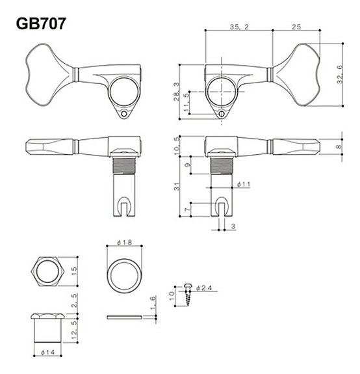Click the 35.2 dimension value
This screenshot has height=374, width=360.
point(240,26)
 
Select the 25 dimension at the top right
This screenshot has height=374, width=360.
point(296,26)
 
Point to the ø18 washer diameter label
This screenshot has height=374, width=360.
point(124,243)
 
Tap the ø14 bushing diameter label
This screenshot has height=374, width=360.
point(46,352)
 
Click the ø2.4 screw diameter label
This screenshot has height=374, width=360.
point(203,287)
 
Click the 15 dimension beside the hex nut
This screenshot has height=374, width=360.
point(75,271)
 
